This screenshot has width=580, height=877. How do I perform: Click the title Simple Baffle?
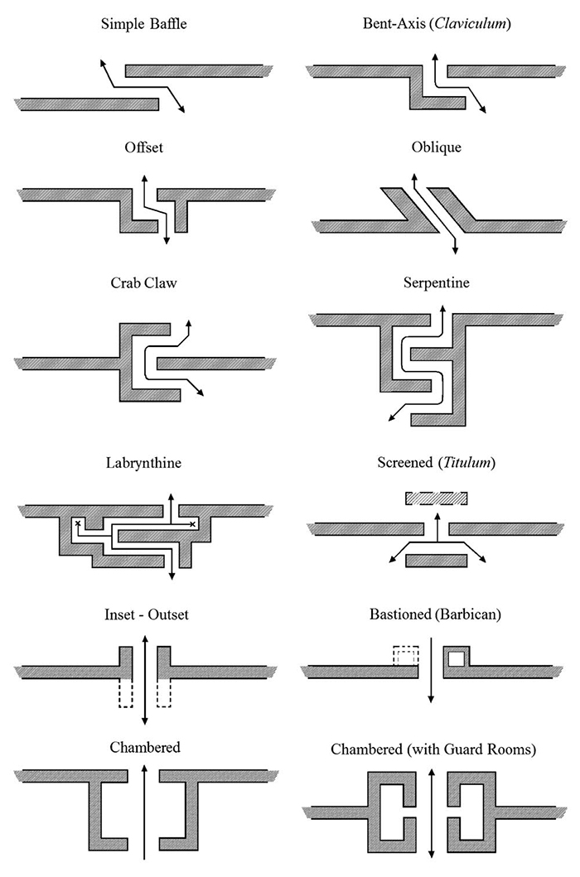(143, 23)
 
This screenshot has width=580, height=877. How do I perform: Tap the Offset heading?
(144, 149)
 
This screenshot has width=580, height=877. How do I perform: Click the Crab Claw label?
(143, 282)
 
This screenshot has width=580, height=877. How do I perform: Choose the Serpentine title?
(436, 282)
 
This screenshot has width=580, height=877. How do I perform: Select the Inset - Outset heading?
(143, 615)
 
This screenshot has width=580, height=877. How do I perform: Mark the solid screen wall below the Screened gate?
(437, 561)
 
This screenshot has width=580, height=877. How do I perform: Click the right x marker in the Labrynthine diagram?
(192, 523)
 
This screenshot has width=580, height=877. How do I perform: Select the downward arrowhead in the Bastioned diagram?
(431, 700)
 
